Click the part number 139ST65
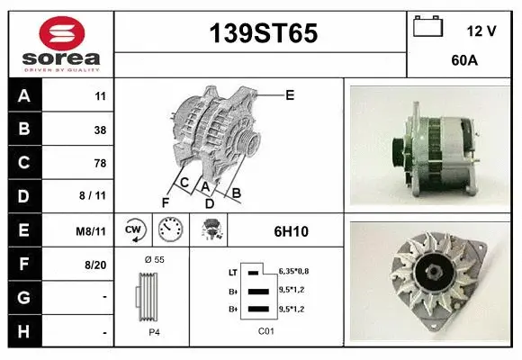click(x=263, y=34)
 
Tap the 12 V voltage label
click(x=481, y=31)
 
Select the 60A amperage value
click(x=463, y=62)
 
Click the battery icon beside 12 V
click(x=428, y=28)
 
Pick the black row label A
click(x=24, y=96)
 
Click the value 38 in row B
click(x=100, y=130)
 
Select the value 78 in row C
click(x=100, y=163)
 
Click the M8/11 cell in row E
click(x=92, y=231)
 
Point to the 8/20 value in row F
click(x=94, y=265)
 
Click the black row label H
click(x=24, y=332)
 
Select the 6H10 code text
click(x=291, y=231)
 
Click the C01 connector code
click(x=265, y=331)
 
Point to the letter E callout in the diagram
click(x=290, y=94)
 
